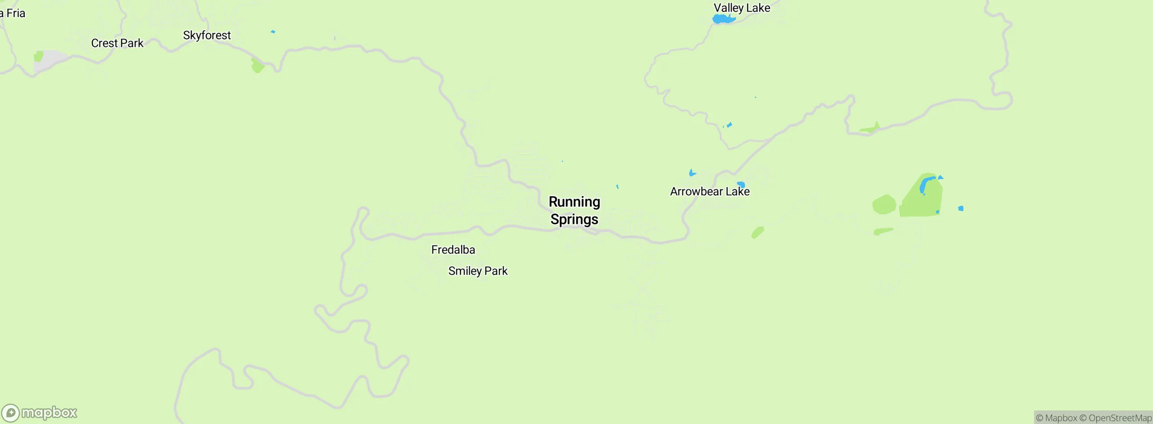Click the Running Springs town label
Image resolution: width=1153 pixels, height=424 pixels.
coord(574,210)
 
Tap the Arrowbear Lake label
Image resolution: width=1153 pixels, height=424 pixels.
coord(709,192)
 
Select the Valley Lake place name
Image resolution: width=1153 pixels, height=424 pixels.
coord(742,8)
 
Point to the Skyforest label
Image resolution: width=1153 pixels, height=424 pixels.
coord(207,35)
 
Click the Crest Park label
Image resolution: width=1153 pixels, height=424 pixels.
coord(117,43)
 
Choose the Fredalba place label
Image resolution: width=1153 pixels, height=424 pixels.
coord(453,250)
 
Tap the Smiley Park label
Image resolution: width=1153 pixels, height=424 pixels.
coord(478,271)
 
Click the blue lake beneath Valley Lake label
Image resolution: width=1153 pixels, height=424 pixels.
coord(723,19)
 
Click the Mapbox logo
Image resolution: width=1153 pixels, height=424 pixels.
coord(40,413)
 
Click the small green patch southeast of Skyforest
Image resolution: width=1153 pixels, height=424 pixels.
coord(257,66)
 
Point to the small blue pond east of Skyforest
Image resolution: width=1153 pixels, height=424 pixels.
coord(273,32)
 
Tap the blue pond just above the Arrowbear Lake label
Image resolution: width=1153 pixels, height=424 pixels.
coord(741,184)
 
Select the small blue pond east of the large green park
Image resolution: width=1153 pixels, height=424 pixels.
coord(961,208)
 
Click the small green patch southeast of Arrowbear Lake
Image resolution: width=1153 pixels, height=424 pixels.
coord(758,233)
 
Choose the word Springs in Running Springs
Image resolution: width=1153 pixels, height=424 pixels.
coord(574,220)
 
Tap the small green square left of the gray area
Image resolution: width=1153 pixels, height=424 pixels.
coord(39,56)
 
